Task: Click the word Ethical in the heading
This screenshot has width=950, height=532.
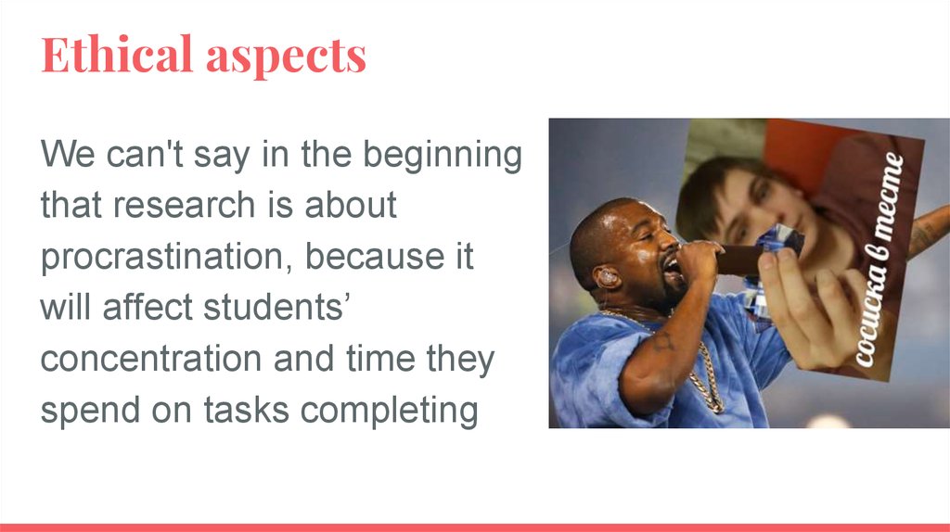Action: tap(117, 55)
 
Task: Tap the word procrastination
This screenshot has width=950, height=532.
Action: tap(162, 257)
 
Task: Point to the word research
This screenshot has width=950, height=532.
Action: tap(185, 205)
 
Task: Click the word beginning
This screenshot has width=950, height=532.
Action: tap(443, 155)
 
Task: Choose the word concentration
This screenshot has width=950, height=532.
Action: tap(151, 359)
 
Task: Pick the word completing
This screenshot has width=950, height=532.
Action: tap(389, 411)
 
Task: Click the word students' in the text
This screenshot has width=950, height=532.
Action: tap(277, 307)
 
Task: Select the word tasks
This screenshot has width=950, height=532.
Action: tap(246, 410)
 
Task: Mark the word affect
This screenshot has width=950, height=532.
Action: tap(148, 307)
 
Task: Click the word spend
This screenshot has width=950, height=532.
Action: tap(90, 411)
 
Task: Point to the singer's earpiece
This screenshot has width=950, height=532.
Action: tap(607, 277)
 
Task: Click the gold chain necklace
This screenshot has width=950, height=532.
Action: tap(697, 363)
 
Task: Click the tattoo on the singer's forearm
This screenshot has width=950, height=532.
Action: tap(663, 341)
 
